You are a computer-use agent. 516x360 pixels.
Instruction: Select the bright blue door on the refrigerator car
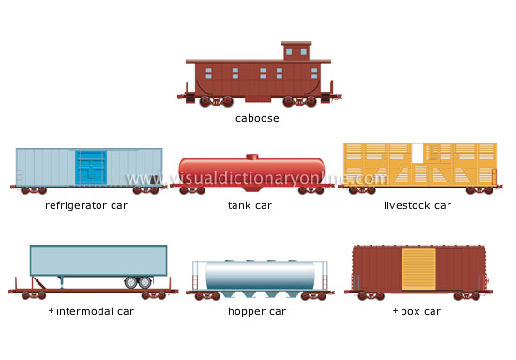point(91,167)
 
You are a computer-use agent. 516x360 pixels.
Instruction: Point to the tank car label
point(250,205)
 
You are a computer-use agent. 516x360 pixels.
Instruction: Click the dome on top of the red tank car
point(251,157)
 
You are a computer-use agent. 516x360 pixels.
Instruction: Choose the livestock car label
point(417,205)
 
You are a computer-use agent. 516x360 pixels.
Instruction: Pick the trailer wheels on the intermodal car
point(138,281)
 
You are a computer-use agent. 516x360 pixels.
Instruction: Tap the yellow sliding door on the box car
point(419,268)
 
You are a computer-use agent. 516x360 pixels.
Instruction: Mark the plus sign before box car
point(395,310)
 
